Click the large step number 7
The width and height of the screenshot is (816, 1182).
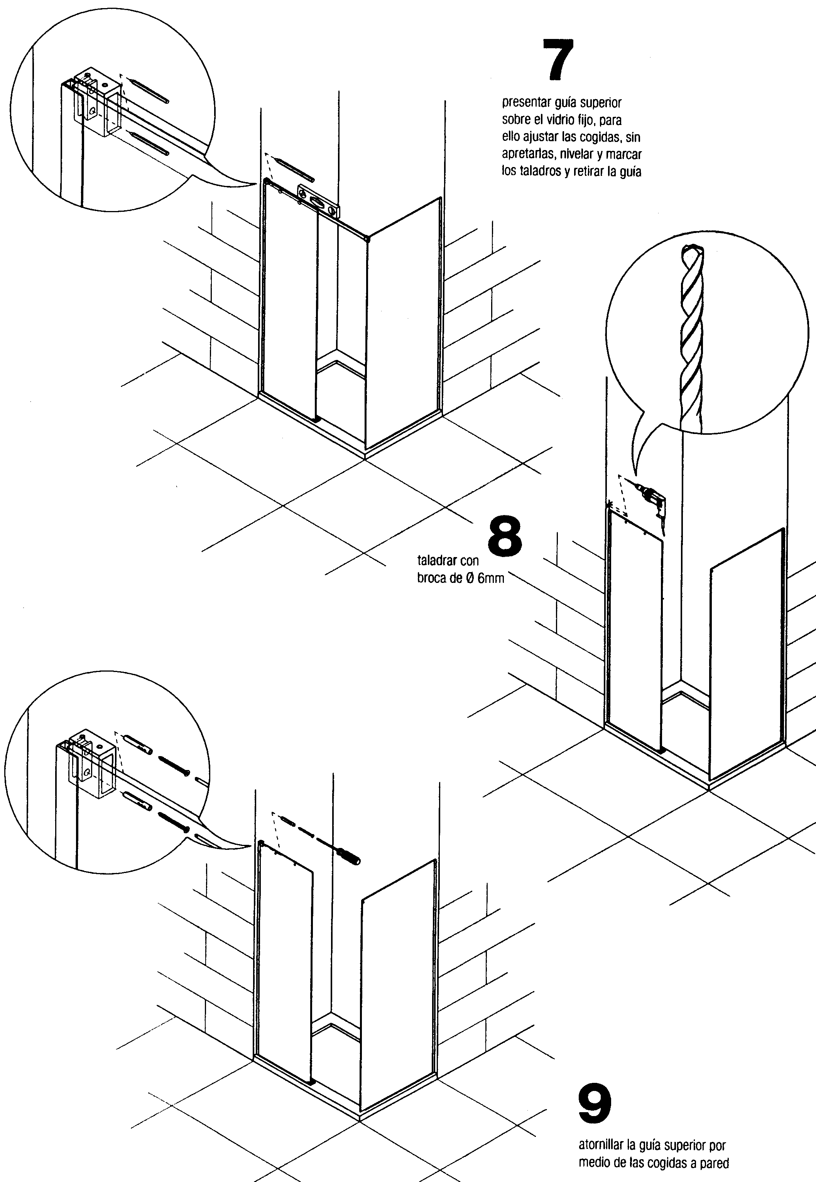click(x=558, y=60)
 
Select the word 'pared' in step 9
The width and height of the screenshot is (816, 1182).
click(x=716, y=1163)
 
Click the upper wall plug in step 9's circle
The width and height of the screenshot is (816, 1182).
click(x=137, y=745)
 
